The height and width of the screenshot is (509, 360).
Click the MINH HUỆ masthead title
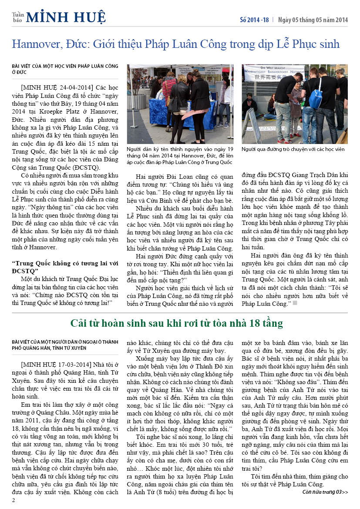tap(66, 17)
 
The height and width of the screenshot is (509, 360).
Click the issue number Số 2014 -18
tap(255, 20)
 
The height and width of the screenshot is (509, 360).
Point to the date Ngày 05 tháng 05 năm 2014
tap(313, 20)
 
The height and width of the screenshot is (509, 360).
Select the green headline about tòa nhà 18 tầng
tap(177, 323)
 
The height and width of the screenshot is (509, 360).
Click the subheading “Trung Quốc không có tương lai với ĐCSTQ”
tap(65, 267)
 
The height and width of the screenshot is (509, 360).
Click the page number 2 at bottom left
tap(13, 500)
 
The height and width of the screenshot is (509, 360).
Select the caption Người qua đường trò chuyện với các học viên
tap(293, 149)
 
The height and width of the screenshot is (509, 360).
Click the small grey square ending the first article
tap(295, 303)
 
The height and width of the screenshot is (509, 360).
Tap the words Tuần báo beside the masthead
tap(18, 17)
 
